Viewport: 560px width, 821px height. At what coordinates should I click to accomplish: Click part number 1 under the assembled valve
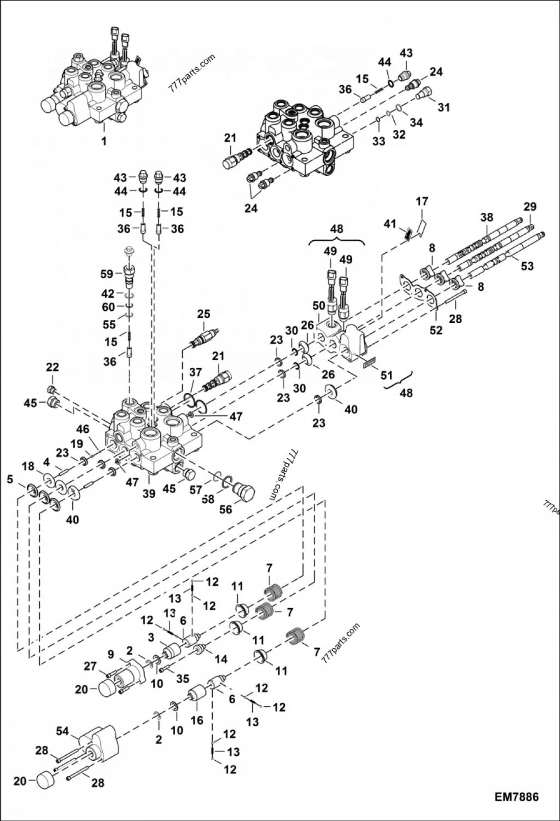point(104,141)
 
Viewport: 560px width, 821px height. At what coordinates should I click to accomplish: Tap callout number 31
point(444,107)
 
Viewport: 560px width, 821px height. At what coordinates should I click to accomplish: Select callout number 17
point(422,201)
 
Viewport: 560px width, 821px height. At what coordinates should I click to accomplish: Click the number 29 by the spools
point(529,207)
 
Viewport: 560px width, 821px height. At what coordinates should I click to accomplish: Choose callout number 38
point(487,217)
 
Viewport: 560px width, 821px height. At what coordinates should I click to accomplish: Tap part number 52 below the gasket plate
point(436,330)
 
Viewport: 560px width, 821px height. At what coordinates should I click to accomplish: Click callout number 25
point(203,314)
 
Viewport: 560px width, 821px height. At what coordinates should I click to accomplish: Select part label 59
point(107,274)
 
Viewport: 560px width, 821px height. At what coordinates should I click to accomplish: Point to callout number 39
point(149,494)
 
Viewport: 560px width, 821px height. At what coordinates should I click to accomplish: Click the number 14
point(221,660)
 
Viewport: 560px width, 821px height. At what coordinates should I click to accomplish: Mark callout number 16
point(197,720)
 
